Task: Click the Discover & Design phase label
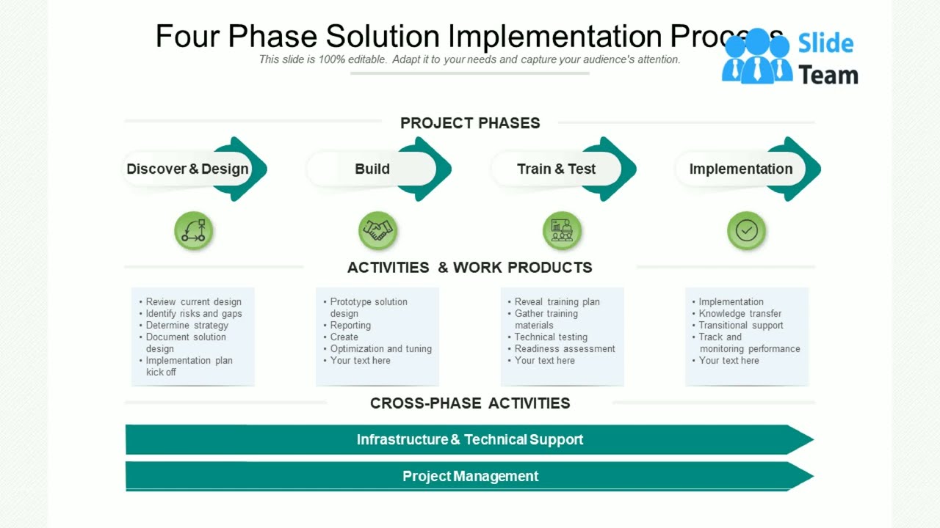(187, 169)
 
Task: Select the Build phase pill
(372, 169)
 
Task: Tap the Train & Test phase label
(556, 169)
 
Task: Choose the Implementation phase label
(740, 169)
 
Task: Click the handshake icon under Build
(378, 231)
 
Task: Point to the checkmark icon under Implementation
(747, 231)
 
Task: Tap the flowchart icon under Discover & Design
(194, 231)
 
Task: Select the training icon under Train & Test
(563, 231)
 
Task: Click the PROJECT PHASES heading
(470, 123)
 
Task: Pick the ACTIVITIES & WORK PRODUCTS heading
(470, 268)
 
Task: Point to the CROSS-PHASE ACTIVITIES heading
(470, 403)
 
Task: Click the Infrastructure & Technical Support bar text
(470, 440)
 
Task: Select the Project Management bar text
(470, 477)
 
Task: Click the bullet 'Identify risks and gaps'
(194, 314)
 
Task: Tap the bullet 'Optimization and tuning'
(380, 349)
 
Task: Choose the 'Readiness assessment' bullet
(565, 349)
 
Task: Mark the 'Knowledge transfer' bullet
(740, 314)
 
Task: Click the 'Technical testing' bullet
(551, 337)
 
